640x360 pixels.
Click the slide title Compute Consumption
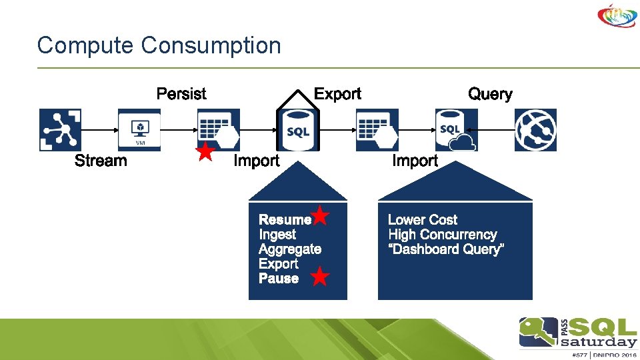point(159,46)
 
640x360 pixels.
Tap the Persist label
point(181,94)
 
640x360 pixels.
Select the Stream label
point(101,161)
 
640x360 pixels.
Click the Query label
point(490,94)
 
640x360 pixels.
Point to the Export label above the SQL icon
point(337,94)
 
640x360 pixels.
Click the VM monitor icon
point(139,130)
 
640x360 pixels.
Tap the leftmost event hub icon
point(60,130)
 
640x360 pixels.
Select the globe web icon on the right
point(535,130)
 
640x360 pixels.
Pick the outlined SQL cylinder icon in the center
point(297,129)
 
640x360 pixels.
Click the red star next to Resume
point(321,215)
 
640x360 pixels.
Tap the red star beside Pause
point(320,276)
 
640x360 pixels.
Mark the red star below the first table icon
point(206,152)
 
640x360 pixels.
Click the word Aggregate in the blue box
point(290,249)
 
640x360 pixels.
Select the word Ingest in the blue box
point(277,235)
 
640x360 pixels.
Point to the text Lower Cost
point(423,220)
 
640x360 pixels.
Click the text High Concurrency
point(443,235)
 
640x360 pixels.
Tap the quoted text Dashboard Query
point(446,249)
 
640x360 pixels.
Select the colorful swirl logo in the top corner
point(617,16)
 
